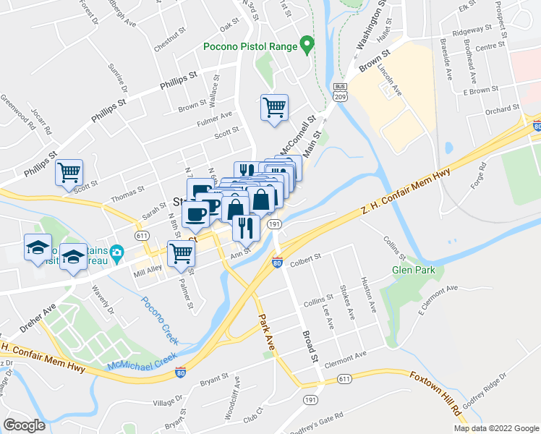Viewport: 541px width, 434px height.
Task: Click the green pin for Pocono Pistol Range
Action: point(307,46)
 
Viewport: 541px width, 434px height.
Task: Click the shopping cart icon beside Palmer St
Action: point(181,253)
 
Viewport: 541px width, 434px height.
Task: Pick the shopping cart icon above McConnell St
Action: point(274,107)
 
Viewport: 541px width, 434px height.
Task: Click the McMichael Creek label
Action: point(142,359)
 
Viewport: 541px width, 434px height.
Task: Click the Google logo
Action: point(24,425)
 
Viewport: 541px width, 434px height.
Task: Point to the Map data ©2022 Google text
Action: point(495,428)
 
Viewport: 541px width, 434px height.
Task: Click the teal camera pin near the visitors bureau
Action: point(118,252)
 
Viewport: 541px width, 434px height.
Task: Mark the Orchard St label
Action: point(503,110)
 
